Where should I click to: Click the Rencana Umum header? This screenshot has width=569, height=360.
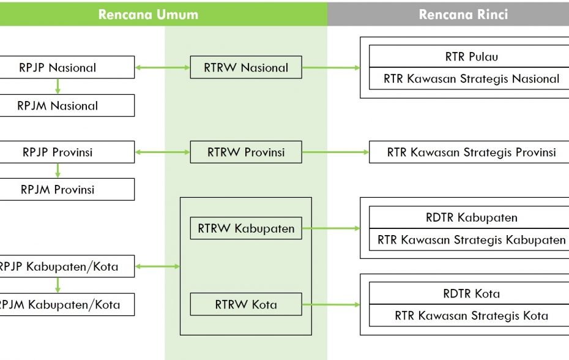[x=149, y=15]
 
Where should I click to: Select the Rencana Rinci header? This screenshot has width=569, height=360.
[x=463, y=15]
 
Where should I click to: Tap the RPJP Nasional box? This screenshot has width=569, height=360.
[x=58, y=67]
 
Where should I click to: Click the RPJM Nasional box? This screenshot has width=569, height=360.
[x=58, y=105]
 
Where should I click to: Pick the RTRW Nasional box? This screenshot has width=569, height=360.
[x=245, y=67]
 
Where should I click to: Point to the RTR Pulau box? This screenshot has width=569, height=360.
[x=471, y=57]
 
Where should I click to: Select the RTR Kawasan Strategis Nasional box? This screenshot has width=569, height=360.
[x=471, y=78]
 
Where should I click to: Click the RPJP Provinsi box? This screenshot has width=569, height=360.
[x=58, y=152]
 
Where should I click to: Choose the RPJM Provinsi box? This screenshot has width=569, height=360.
[x=58, y=189]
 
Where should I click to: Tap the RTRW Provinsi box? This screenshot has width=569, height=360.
[x=245, y=152]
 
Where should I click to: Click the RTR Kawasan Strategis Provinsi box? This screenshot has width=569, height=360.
[x=471, y=152]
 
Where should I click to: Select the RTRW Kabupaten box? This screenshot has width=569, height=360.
[x=245, y=228]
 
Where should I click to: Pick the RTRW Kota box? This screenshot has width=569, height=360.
[x=245, y=304]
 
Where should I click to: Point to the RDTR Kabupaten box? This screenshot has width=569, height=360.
[x=471, y=217]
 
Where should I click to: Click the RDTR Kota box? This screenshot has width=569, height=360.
[x=471, y=293]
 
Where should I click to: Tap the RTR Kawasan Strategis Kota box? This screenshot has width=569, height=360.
[x=471, y=316]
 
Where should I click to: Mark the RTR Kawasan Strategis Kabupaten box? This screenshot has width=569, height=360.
[x=471, y=239]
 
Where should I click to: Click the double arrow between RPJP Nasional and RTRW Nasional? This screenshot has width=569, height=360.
[x=162, y=67]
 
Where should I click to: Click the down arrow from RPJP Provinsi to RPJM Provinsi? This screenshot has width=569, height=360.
[x=58, y=171]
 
